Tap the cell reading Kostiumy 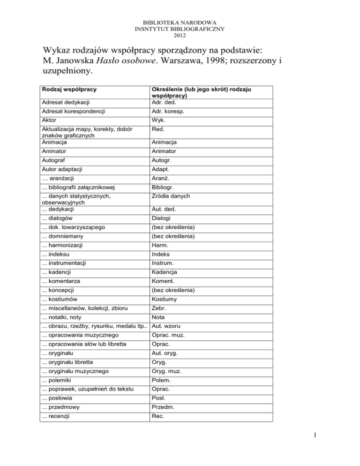point(160,299)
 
